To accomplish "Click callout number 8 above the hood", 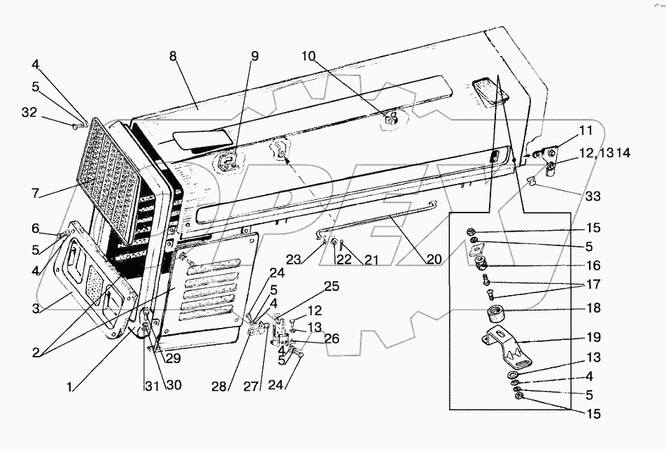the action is tap(173, 56).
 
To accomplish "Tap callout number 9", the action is tap(254, 56).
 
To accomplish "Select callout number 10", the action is tap(309, 56).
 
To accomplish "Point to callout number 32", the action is tap(29, 113).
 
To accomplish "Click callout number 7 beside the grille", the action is tap(35, 193).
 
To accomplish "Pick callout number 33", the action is tap(593, 196).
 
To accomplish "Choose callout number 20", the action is tap(434, 259).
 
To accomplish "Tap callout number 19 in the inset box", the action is tap(593, 337).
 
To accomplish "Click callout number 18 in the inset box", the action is tap(593, 308).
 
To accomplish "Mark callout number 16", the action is tap(593, 266).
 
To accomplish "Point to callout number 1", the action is tap(69, 387).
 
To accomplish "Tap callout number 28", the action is tap(219, 387).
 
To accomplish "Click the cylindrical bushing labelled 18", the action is tap(495, 314).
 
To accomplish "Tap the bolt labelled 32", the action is tap(75, 126).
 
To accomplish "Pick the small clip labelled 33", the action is tap(531, 182).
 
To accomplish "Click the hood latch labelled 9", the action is tap(229, 162).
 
